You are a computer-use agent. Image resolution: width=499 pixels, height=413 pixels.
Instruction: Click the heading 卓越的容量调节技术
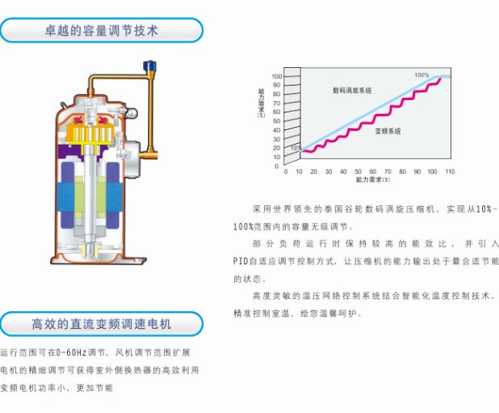[102, 31]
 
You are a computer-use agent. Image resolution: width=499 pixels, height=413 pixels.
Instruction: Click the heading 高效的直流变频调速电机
[102, 324]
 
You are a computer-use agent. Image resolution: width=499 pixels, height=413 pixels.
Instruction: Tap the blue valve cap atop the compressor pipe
[149, 65]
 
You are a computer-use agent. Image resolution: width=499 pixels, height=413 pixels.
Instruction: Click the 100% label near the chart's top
[421, 75]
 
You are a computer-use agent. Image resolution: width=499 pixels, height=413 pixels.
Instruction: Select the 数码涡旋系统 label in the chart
[352, 91]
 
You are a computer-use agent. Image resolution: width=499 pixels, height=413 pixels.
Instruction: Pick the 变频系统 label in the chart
[388, 131]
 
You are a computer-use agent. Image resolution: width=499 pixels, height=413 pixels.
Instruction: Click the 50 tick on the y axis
[277, 121]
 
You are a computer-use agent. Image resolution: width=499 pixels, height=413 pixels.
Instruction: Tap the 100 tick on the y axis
[277, 76]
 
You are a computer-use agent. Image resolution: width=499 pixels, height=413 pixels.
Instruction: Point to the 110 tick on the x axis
[450, 171]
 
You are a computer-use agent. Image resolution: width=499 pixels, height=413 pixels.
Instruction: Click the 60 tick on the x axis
[373, 171]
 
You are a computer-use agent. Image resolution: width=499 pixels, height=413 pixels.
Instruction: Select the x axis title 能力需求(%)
[373, 179]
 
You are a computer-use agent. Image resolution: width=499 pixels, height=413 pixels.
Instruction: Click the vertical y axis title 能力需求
[261, 103]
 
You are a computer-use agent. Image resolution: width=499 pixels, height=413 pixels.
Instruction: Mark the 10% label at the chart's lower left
[296, 148]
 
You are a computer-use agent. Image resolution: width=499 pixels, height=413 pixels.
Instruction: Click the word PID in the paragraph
[241, 261]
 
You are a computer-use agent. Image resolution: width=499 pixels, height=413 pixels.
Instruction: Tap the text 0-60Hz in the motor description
[71, 353]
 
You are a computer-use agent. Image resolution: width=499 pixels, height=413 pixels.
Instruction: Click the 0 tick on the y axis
[277, 166]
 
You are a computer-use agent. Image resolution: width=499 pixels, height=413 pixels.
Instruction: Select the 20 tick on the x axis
[314, 171]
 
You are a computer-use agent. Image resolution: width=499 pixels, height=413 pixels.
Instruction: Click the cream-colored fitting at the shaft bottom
[90, 249]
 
